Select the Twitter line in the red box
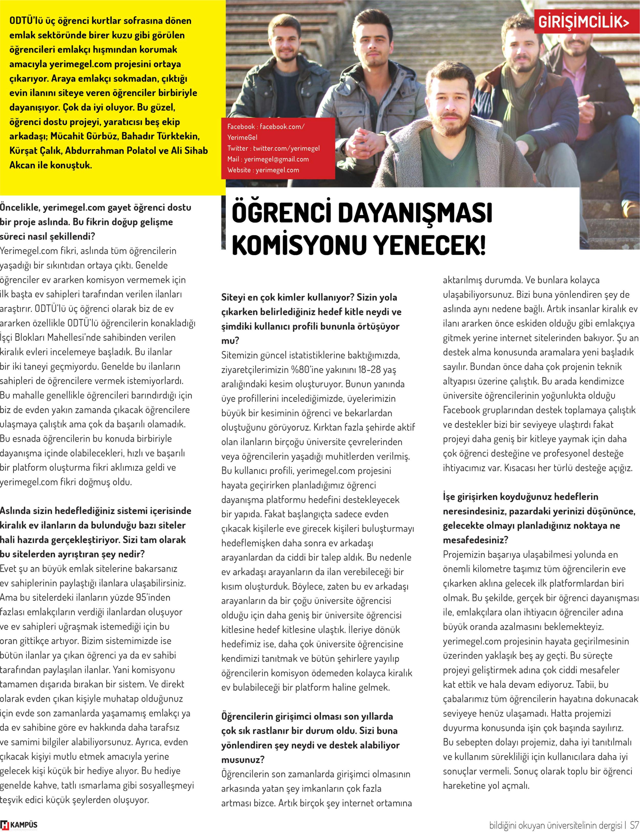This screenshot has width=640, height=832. [273, 148]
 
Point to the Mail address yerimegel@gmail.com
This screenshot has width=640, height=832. [276, 159]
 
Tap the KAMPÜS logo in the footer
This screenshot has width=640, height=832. [19, 825]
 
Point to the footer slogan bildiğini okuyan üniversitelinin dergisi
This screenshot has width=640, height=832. [556, 825]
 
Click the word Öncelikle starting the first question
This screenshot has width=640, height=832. [20, 208]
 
